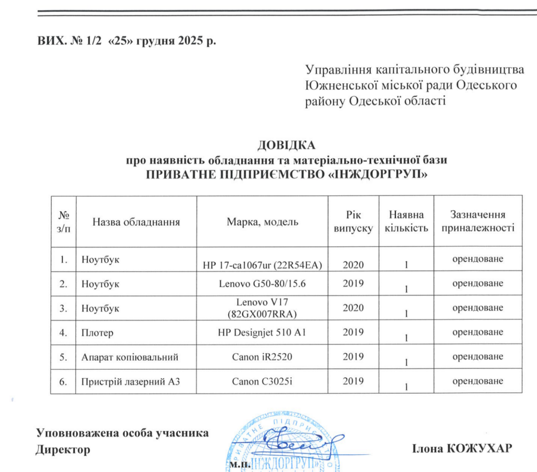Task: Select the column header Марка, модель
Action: [x=262, y=221]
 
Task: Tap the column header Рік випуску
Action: [x=353, y=221]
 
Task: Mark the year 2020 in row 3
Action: [x=353, y=308]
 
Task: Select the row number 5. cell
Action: [x=63, y=357]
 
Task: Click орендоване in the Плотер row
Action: [x=478, y=332]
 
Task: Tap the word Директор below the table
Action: [x=62, y=449]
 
